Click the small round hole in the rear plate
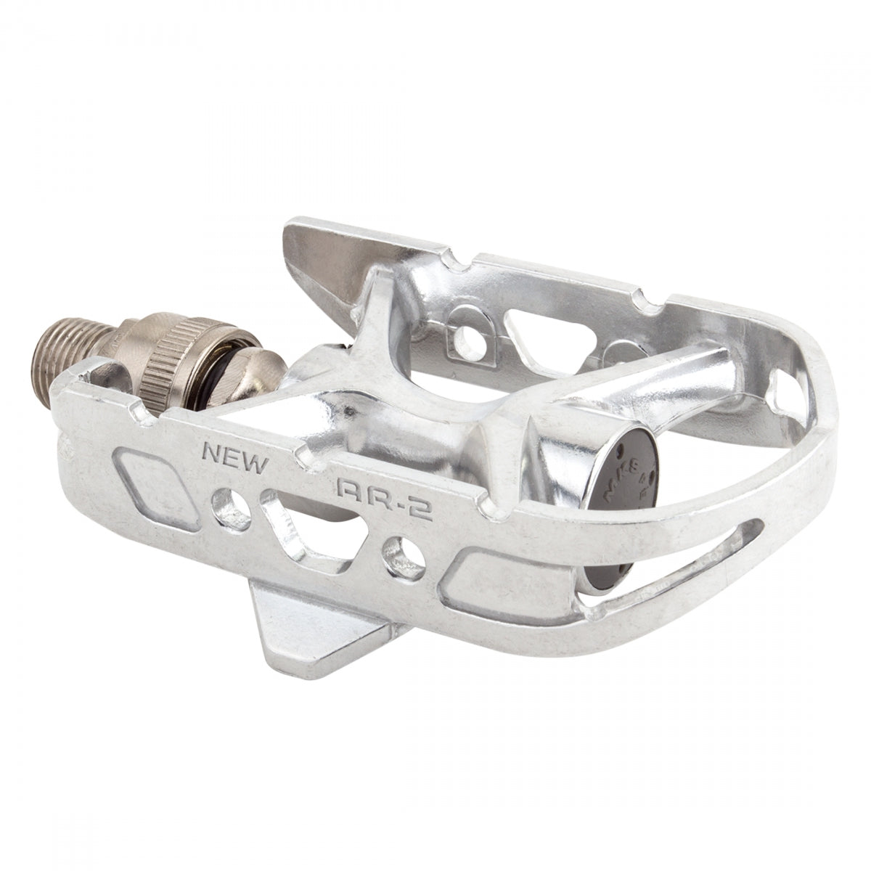(x=464, y=323)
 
